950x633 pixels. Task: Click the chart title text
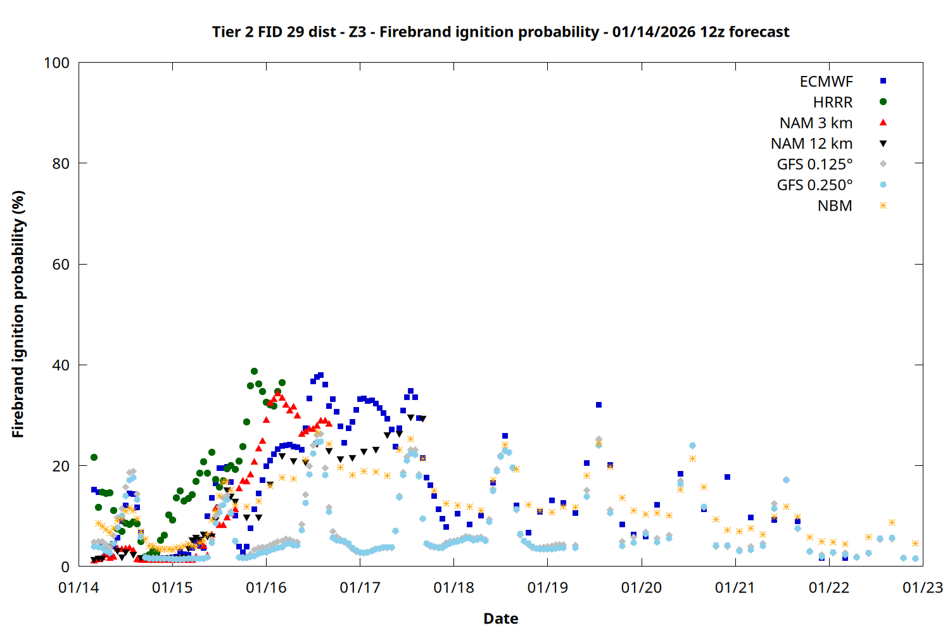500,32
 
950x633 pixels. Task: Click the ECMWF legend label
826,82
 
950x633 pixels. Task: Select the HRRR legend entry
832,103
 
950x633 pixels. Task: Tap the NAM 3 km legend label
816,123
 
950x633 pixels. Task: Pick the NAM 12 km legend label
811,144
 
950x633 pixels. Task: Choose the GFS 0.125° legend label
814,165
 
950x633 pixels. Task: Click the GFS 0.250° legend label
814,185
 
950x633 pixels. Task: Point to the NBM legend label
835,206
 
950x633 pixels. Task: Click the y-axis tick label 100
56,63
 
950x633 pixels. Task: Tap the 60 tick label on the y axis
61,265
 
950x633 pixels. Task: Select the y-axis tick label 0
65,567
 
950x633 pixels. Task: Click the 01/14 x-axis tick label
79,588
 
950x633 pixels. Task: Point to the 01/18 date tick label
453,588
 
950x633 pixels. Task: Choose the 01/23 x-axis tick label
922,588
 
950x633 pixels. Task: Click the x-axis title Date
500,618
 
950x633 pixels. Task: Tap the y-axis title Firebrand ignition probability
18,314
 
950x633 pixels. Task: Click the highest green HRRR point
254,372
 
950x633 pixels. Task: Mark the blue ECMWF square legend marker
883,81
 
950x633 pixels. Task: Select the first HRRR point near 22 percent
94,457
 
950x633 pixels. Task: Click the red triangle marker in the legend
883,123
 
